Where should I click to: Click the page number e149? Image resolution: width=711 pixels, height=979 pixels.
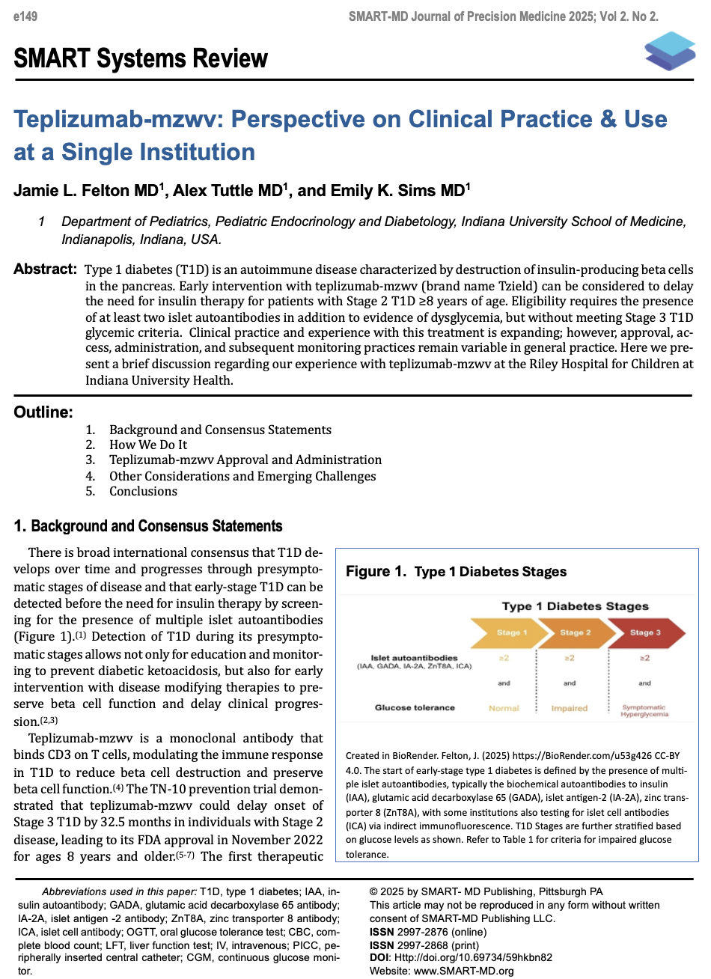(25, 16)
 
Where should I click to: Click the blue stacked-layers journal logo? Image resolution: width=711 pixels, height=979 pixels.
(669, 52)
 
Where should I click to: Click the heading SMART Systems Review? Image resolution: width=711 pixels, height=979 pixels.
(141, 58)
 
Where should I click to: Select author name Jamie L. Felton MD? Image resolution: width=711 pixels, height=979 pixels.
(88, 191)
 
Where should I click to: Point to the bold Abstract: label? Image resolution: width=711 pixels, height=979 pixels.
(45, 269)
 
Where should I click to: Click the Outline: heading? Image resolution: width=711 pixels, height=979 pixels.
(43, 412)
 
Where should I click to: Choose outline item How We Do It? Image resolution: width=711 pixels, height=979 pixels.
(148, 445)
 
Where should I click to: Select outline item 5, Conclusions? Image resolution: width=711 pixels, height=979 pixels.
(143, 491)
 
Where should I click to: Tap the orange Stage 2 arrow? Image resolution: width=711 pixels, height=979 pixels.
(575, 632)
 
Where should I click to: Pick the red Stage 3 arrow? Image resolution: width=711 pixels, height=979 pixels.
(645, 632)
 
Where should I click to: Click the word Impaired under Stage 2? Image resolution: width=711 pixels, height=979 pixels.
(570, 708)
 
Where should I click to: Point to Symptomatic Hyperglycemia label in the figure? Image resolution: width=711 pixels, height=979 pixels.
(644, 711)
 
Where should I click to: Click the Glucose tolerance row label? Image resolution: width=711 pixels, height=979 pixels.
(415, 708)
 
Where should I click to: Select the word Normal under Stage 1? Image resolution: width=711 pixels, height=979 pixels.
(504, 708)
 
